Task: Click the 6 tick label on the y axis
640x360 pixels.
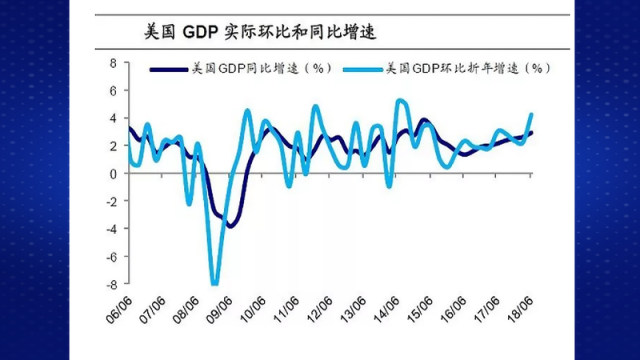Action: (113, 90)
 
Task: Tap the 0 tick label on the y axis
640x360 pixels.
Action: (113, 173)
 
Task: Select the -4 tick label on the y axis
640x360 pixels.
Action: (110, 228)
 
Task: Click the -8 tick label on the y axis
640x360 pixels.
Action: (110, 284)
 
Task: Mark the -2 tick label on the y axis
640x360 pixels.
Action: (110, 201)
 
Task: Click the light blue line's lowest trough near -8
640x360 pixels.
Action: (214, 282)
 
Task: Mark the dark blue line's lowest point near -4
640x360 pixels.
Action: (230, 226)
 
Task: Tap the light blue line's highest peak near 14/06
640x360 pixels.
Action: (401, 100)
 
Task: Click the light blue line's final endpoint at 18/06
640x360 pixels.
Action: (531, 113)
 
